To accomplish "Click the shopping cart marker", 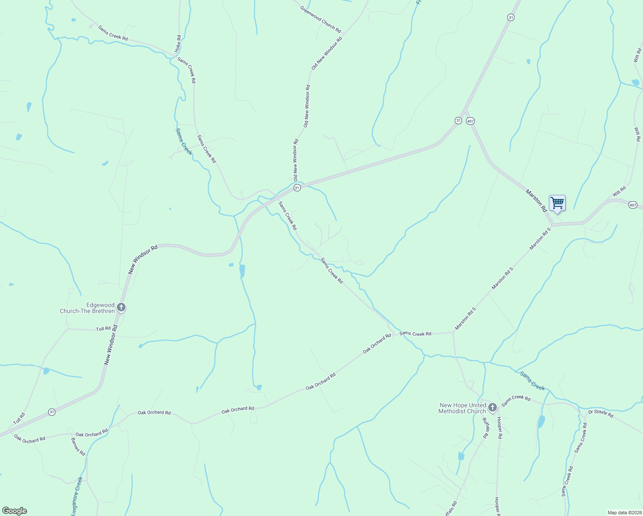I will [557, 203].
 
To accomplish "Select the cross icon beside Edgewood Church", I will [121, 307].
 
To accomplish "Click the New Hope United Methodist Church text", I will [462, 408].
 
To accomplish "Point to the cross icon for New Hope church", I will [493, 407].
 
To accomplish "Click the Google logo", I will [14, 511].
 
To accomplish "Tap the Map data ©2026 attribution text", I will [624, 513].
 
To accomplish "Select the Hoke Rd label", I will [178, 44].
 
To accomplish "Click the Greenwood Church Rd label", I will [321, 19].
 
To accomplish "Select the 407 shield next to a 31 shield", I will [471, 121].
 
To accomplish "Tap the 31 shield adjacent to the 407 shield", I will [458, 121].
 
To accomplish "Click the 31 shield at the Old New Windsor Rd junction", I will [297, 188].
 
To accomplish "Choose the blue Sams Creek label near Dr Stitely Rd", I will [533, 381].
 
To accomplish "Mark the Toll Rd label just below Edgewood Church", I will [103, 329].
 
